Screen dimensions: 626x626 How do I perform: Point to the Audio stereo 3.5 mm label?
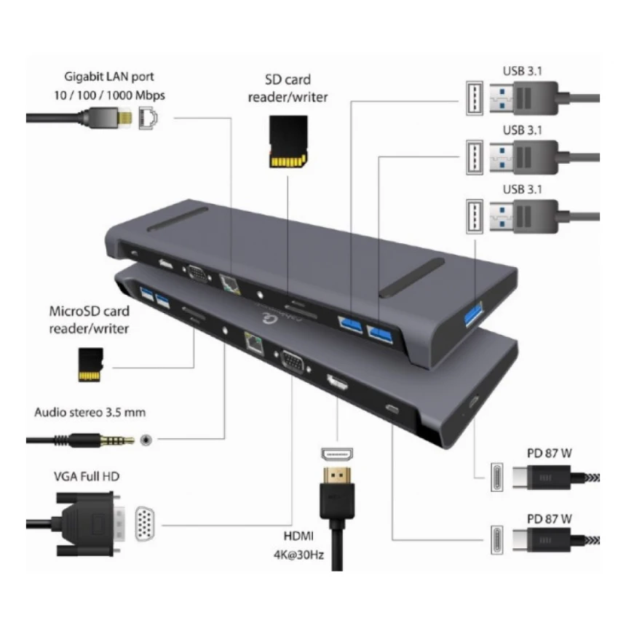(90, 413)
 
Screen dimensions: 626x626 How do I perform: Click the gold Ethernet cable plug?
(125, 116)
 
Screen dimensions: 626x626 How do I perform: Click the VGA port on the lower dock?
(293, 362)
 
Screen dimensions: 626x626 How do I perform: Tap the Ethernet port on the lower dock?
(254, 339)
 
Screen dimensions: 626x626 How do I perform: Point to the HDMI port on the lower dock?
(336, 381)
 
